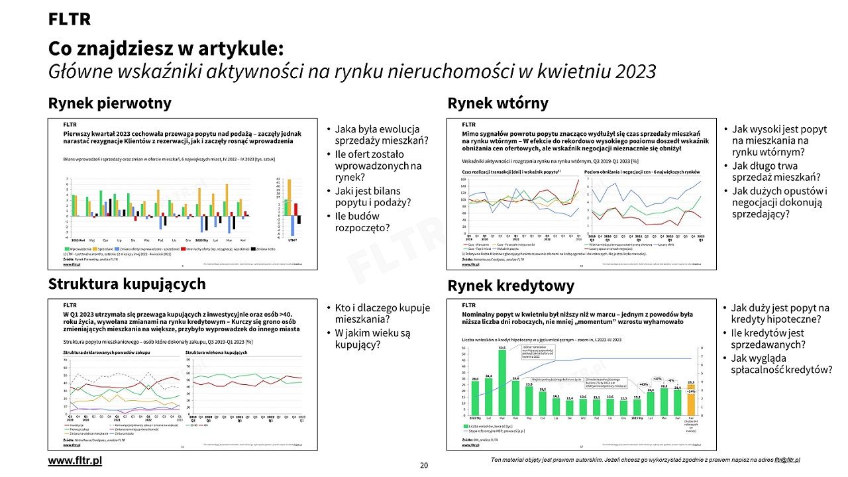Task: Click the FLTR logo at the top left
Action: tap(69, 20)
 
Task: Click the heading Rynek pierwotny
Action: tap(109, 103)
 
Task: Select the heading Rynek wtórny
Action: tap(498, 103)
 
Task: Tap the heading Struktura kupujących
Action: tap(127, 284)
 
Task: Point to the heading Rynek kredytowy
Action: tap(511, 286)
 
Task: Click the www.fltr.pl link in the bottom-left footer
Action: tap(75, 460)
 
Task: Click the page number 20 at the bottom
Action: tap(424, 465)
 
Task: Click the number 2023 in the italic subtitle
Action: tap(629, 72)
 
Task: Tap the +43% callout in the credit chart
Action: tap(643, 384)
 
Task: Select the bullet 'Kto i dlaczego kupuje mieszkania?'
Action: tap(382, 313)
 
